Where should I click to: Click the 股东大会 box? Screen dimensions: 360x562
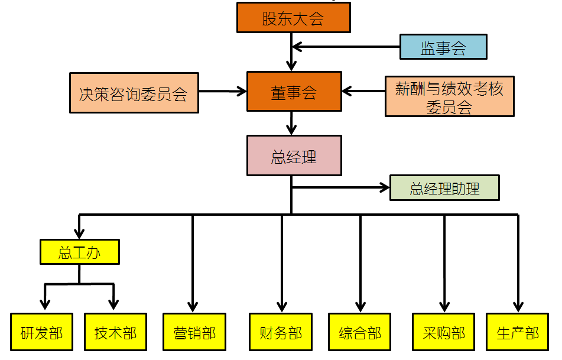click(293, 17)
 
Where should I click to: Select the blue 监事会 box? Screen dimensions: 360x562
click(443, 47)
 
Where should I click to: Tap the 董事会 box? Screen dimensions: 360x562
click(294, 92)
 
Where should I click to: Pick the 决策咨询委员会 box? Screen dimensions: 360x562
click(134, 93)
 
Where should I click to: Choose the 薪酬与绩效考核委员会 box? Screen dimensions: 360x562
click(449, 96)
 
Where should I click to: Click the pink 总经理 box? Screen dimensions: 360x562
click(294, 155)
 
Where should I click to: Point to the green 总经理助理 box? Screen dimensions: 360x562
click(444, 188)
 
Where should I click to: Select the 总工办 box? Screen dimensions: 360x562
click(80, 252)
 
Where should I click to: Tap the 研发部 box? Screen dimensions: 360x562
click(41, 332)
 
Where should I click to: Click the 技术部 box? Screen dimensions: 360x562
click(115, 332)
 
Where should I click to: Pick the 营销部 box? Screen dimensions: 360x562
click(194, 332)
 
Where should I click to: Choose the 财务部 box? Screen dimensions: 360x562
click(281, 332)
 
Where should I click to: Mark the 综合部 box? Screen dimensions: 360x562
click(360, 332)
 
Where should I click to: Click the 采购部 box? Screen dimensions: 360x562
click(444, 332)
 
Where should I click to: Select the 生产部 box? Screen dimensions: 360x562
click(518, 332)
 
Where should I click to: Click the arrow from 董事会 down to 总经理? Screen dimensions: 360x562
click(291, 123)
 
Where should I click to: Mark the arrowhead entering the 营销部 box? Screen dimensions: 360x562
click(193, 306)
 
